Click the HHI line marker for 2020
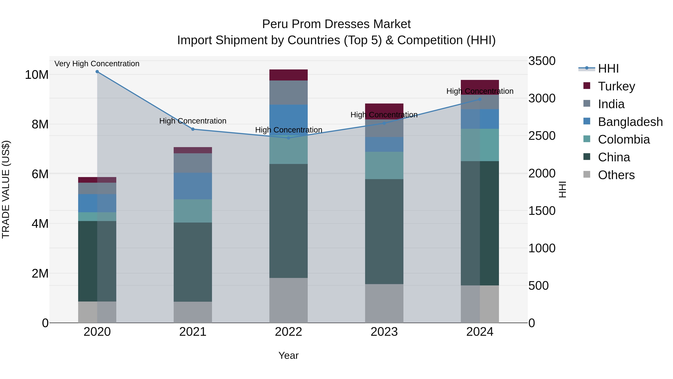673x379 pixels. coord(97,72)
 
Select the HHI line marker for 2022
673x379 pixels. coord(288,138)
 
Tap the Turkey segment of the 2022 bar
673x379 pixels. coord(288,75)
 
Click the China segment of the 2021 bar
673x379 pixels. coord(193,262)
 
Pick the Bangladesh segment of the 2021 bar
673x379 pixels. coord(193,186)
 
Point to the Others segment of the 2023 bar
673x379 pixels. coord(384,303)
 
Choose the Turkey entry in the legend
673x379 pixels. coord(616,86)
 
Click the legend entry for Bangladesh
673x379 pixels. coord(630,122)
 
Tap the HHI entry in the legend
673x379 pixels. coord(608,69)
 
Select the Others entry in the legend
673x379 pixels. coord(616,175)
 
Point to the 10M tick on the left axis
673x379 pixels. coord(37,75)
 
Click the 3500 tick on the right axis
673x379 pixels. coord(542,61)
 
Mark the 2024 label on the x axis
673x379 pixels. coord(480,332)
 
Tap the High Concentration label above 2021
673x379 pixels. coord(193,121)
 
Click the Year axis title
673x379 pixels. coord(288,355)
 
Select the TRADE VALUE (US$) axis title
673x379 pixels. coord(6,189)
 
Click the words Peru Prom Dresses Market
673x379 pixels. coord(336,24)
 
